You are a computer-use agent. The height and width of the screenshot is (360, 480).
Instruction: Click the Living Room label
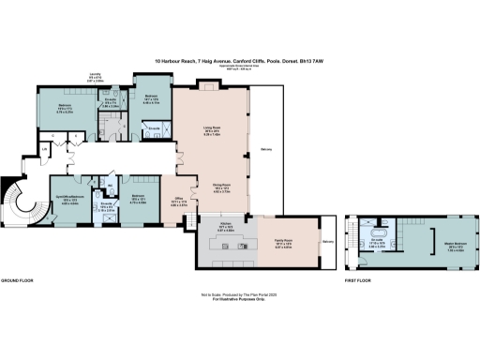point(224,131)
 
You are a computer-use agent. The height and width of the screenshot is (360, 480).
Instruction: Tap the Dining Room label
point(224,187)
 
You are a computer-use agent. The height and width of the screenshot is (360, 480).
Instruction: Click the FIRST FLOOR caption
point(359,280)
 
